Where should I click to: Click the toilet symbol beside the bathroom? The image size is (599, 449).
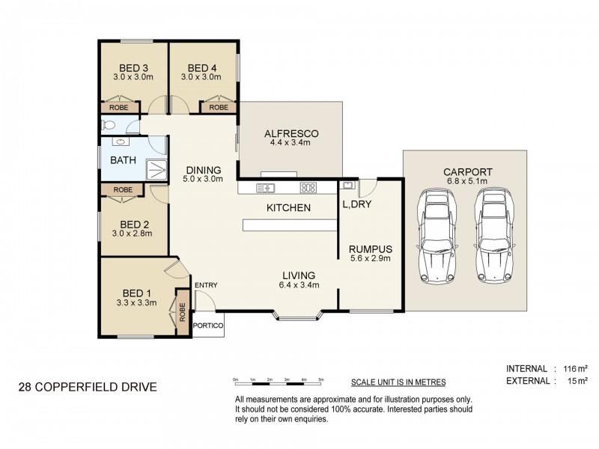click(x=108, y=125)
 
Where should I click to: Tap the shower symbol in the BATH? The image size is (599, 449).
click(x=156, y=170)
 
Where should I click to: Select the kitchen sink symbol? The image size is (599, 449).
click(x=266, y=188)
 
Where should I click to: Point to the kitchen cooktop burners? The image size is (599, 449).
click(x=308, y=188)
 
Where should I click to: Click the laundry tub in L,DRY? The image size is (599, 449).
click(x=347, y=186)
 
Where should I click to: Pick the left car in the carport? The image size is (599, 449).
click(x=437, y=236)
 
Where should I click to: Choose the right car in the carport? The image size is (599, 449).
click(x=494, y=236)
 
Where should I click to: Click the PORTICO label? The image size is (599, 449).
click(x=208, y=326)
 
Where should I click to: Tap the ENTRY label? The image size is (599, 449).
click(x=206, y=285)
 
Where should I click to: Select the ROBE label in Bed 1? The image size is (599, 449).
click(x=182, y=312)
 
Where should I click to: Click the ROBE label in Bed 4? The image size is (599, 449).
click(x=219, y=108)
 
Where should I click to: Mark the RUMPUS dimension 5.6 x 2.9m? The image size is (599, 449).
click(x=371, y=258)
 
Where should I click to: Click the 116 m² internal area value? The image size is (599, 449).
click(x=576, y=369)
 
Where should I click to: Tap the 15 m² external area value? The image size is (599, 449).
click(x=577, y=381)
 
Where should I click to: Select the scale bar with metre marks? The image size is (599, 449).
click(x=279, y=381)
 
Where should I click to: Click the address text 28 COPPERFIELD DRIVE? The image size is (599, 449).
click(x=88, y=387)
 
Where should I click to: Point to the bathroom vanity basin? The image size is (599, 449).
click(x=121, y=141)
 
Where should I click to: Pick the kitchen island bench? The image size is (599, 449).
click(x=290, y=225)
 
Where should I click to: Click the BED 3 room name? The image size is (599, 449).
click(x=134, y=68)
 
